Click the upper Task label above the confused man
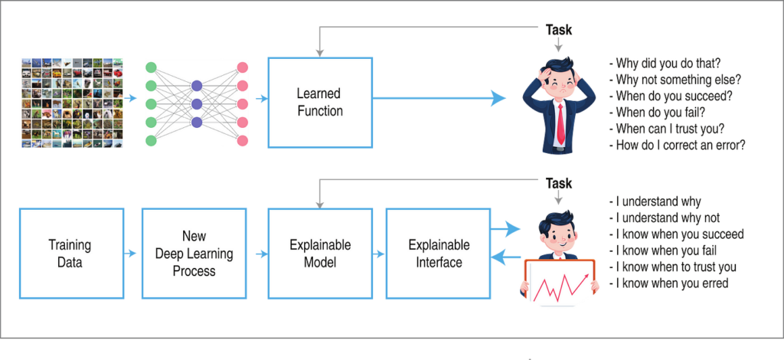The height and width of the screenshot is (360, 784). pyautogui.click(x=558, y=30)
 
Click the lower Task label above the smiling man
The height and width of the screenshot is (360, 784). pyautogui.click(x=558, y=184)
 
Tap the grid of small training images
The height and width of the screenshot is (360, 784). pyautogui.click(x=72, y=103)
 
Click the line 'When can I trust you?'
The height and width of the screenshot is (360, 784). pyautogui.click(x=667, y=129)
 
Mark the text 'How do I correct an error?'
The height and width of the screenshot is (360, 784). pyautogui.click(x=678, y=145)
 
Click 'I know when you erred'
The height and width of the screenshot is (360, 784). pyautogui.click(x=669, y=283)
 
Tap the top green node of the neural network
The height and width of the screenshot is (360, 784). pyautogui.click(x=151, y=68)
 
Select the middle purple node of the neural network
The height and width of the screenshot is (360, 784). pyautogui.click(x=197, y=104)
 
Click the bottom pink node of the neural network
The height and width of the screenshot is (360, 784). pyautogui.click(x=243, y=140)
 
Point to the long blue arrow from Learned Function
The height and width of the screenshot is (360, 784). pyautogui.click(x=439, y=99)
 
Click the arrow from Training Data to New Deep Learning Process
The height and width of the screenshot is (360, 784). pyautogui.click(x=130, y=254)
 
